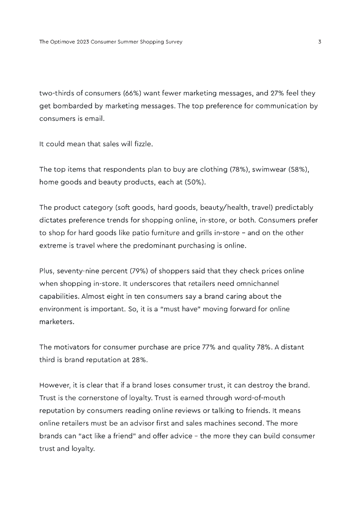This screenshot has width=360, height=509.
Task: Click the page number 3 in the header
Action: pos(320,42)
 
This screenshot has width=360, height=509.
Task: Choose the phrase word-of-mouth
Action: pos(257,398)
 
